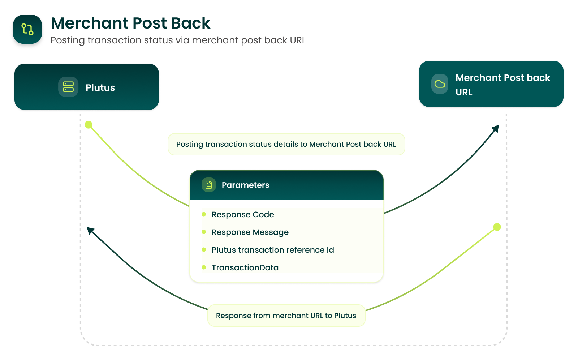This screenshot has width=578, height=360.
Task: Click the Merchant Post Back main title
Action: point(130,23)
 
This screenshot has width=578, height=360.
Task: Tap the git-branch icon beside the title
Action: point(27,29)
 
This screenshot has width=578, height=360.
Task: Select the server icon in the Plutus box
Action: point(68,87)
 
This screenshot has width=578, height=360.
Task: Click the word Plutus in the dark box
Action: point(100,88)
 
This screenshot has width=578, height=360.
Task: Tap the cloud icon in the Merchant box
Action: point(440,84)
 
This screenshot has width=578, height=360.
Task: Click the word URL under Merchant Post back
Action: point(464,93)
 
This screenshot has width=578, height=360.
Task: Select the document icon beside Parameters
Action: point(209,185)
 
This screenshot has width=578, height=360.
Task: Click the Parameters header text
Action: point(245,185)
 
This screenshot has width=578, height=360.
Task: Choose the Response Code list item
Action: point(243,215)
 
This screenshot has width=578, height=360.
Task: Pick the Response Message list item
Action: point(250,232)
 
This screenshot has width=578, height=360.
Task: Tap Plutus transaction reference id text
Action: point(273,250)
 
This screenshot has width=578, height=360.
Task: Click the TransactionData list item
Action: point(245,268)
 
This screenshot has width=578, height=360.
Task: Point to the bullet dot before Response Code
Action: point(204,214)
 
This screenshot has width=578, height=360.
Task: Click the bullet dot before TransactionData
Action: point(204,267)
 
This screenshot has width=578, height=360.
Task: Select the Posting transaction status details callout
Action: point(286,144)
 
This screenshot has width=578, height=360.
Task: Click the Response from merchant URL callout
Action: point(286,316)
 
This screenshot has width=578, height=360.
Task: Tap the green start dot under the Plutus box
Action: point(89,125)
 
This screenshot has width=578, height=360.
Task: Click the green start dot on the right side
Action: point(497,227)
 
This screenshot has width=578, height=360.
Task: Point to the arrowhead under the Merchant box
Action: point(496,128)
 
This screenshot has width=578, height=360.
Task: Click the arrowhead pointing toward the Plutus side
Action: point(90,230)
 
